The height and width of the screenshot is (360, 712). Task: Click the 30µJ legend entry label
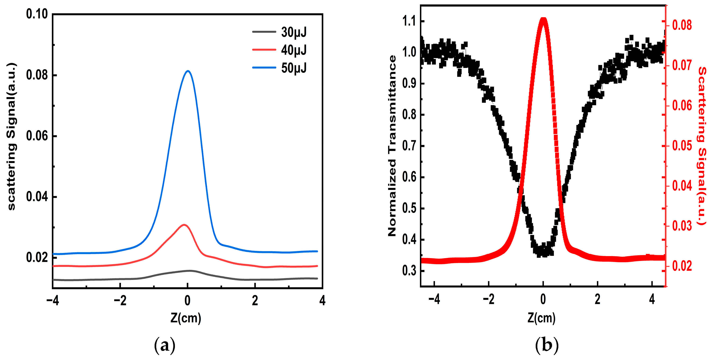click(294, 32)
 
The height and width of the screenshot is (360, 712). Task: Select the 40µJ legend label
click(294, 50)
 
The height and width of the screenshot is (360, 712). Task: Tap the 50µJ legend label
click(294, 68)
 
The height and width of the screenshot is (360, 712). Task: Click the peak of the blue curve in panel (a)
click(188, 71)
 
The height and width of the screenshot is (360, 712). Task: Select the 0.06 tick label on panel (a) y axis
click(37, 136)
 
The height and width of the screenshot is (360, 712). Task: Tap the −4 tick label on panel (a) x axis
click(53, 301)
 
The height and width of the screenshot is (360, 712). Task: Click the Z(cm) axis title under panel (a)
click(186, 318)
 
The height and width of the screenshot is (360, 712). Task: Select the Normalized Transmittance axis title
click(392, 146)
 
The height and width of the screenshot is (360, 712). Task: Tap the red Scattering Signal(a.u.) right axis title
click(702, 146)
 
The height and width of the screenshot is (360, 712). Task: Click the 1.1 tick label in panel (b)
click(409, 21)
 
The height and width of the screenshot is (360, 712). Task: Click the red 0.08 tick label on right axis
click(682, 25)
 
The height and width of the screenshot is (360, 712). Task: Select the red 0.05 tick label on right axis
click(682, 146)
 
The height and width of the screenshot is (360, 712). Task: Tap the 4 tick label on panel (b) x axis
click(652, 299)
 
